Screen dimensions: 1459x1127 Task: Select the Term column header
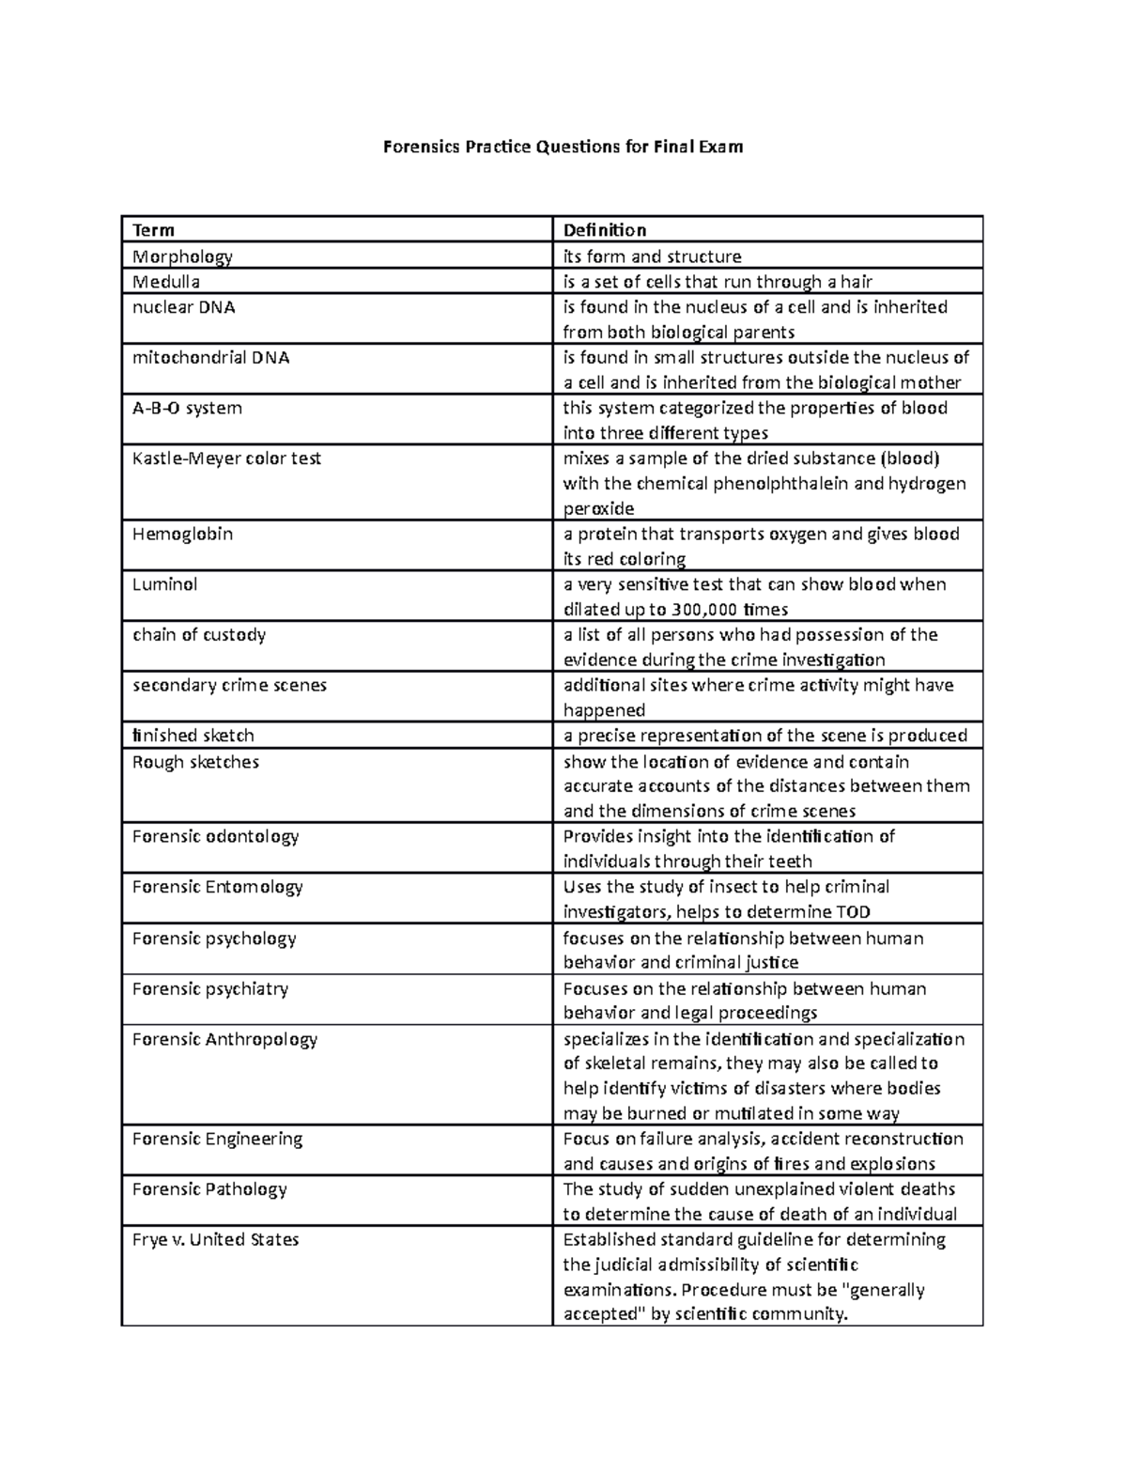[x=153, y=230]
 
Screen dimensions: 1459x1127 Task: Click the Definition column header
[x=604, y=230]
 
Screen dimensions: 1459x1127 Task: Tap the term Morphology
[x=182, y=256]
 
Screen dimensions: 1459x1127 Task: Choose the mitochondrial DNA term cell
[x=210, y=358]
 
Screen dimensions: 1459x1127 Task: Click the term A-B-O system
[x=187, y=408]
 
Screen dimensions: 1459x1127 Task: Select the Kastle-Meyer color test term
[x=226, y=458]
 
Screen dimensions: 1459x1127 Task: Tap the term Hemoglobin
[x=182, y=534]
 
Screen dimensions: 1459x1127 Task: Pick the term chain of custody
[x=199, y=635]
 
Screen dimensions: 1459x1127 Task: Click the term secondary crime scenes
[x=229, y=685]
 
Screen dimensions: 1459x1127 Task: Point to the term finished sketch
[x=193, y=736]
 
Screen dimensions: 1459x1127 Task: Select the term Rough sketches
[x=195, y=762]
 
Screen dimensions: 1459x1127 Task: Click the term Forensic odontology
[x=215, y=836]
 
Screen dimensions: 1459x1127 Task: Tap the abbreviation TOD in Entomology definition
[x=851, y=912]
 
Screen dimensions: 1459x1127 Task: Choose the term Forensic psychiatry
[x=209, y=988]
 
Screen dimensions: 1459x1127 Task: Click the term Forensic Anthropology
[x=224, y=1039]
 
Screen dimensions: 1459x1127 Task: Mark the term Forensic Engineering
[x=217, y=1139]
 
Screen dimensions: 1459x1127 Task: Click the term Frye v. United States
[x=215, y=1239]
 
